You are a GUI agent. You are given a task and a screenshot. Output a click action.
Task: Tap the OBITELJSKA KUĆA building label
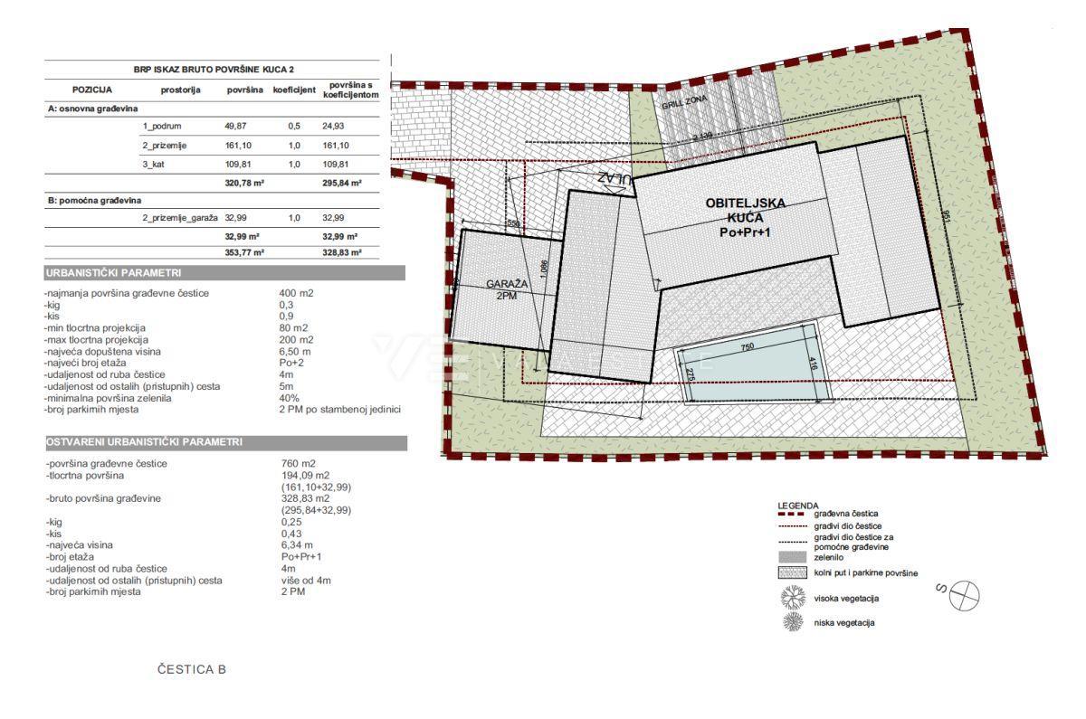click(747, 217)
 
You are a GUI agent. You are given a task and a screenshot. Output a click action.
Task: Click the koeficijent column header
click(294, 90)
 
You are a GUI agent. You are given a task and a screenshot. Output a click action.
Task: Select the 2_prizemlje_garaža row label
click(179, 218)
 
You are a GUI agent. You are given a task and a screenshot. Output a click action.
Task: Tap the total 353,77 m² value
click(243, 253)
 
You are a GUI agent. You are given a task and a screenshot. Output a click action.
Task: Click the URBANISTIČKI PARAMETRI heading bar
click(224, 273)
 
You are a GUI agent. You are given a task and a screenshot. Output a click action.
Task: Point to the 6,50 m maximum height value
click(295, 350)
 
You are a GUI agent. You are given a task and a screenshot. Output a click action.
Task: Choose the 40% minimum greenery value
click(290, 398)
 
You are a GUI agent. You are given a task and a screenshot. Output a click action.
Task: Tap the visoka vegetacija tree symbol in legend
click(793, 598)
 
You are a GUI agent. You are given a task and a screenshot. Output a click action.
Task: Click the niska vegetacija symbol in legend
click(793, 622)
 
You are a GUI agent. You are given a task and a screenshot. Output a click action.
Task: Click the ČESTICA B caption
click(191, 670)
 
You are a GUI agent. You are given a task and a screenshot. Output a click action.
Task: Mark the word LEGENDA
click(797, 505)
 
